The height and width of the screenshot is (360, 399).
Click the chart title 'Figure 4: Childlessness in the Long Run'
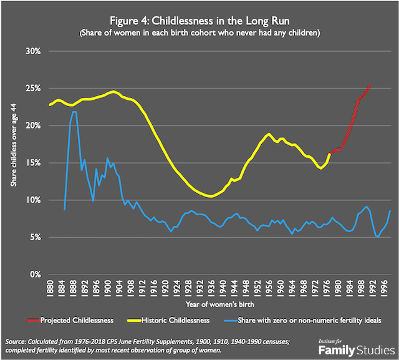[x=199, y=18]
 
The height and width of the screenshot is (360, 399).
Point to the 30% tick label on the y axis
[x=32, y=51]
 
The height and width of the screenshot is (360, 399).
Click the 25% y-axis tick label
[x=32, y=89]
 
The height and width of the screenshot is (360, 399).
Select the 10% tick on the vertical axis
[x=32, y=200]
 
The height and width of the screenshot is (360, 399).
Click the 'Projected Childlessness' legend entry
[x=79, y=320]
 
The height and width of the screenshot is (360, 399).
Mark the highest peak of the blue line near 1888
[x=74, y=112]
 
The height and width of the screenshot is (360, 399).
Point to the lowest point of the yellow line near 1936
[x=211, y=196]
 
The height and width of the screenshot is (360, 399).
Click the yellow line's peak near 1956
[x=269, y=134]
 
